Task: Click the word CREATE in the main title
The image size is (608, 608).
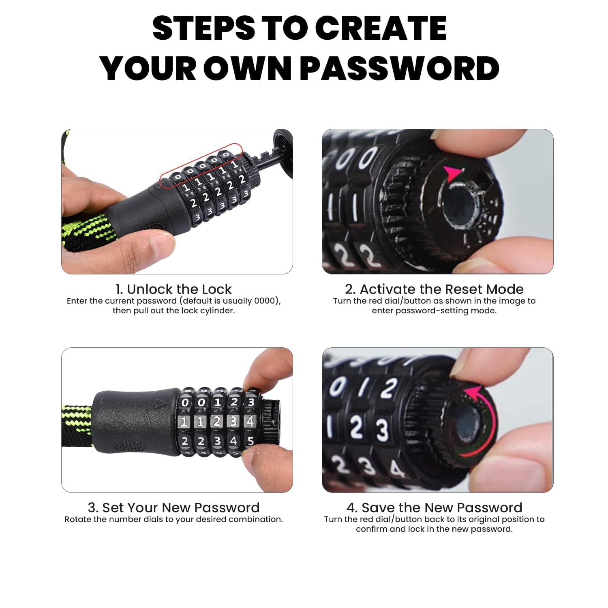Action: (380, 28)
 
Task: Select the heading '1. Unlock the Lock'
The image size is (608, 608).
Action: (173, 289)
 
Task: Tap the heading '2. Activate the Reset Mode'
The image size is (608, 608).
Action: (434, 289)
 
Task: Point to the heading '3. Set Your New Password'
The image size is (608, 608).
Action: (173, 507)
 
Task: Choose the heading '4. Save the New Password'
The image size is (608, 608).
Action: (434, 507)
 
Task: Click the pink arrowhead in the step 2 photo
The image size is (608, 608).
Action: (453, 174)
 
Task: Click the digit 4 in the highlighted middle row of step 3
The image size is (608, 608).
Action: (250, 422)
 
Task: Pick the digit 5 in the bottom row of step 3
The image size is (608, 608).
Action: (250, 441)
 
